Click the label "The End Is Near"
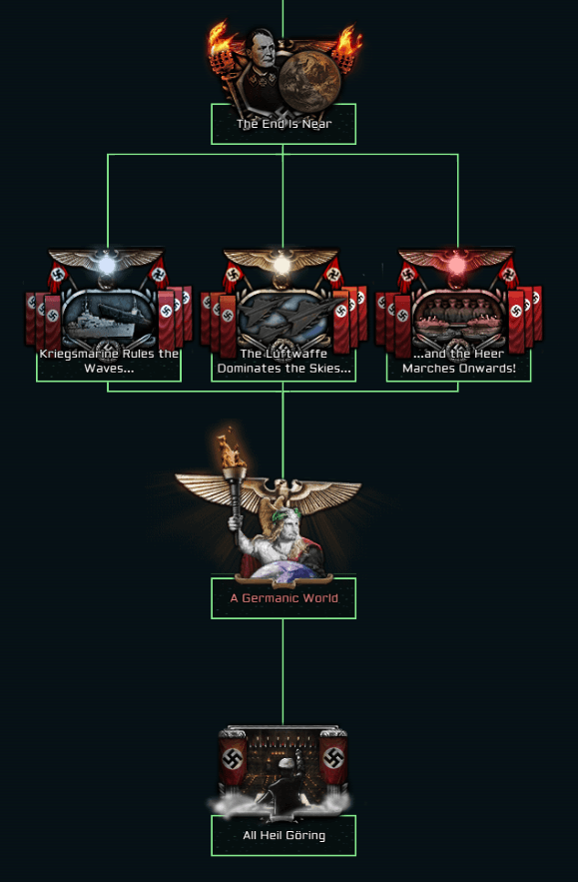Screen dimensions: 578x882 (284, 124)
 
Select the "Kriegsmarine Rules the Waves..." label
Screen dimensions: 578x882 (109, 361)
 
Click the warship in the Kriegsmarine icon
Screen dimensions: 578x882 (107, 318)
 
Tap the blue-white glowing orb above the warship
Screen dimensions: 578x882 (106, 264)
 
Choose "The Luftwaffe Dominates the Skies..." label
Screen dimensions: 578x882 (284, 361)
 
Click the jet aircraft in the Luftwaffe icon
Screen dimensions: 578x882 (284, 314)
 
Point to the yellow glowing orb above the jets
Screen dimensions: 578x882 (282, 264)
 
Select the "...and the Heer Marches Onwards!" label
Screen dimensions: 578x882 (459, 361)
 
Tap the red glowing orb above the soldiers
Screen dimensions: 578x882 (456, 264)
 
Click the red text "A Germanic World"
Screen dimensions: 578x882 (284, 598)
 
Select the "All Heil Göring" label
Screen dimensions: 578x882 (284, 835)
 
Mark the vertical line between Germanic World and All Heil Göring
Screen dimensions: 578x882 (283, 671)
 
